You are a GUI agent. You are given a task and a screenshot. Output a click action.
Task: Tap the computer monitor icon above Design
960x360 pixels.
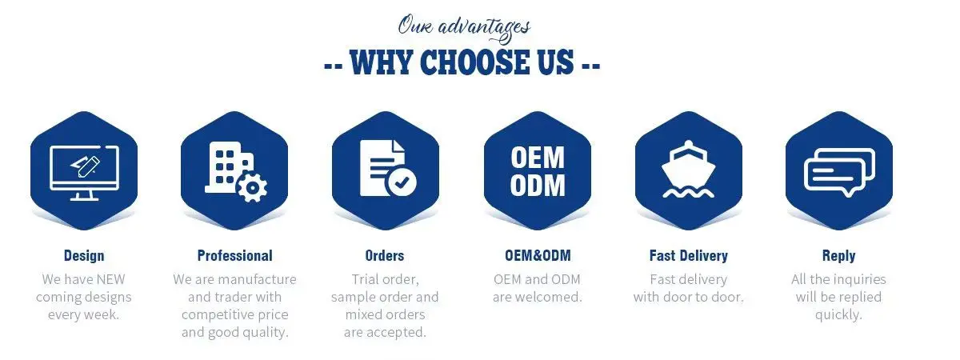[84, 171]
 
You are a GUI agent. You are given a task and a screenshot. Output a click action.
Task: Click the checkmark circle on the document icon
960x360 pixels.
[401, 183]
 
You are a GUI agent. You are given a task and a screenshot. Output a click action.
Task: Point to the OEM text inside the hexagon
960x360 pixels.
[538, 158]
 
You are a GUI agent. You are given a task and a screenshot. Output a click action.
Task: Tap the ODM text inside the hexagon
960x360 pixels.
[538, 186]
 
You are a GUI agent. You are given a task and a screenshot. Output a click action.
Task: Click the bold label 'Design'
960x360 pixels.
[84, 256]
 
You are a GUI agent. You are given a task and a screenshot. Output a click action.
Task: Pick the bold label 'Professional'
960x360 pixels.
[234, 256]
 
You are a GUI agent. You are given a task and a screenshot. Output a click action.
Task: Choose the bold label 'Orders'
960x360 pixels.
[385, 256]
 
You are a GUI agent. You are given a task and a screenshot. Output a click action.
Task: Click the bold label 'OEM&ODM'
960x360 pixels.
[538, 256]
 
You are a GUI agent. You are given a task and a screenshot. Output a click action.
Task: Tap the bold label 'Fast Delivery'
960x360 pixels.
[689, 256]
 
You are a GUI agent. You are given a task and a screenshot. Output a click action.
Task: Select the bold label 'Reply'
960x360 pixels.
[838, 256]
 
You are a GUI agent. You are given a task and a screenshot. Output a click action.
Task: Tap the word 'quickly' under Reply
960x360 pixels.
[838, 314]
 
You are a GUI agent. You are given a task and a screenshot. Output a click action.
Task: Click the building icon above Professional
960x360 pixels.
[225, 167]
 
